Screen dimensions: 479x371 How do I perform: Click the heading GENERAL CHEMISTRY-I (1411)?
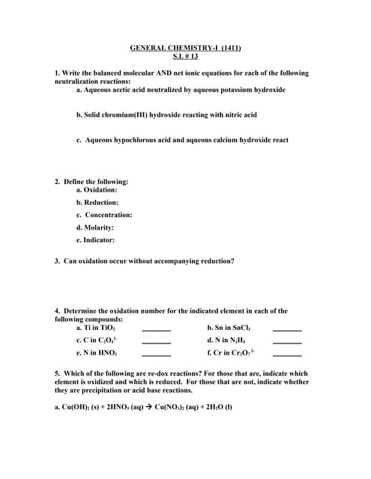point(185,47)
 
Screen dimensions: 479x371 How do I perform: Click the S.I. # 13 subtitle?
point(185,56)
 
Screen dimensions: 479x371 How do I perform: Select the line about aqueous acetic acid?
point(180,90)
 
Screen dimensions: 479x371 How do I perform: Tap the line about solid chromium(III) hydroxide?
point(166,115)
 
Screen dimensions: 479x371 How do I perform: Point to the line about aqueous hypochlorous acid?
point(182,140)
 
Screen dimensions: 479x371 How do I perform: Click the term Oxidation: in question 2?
point(97,190)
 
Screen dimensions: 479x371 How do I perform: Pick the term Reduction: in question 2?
point(97,202)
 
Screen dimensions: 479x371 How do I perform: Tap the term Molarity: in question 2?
point(95,228)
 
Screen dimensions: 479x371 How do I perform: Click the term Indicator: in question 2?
point(95,240)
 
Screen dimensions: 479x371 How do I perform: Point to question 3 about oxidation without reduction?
point(144,261)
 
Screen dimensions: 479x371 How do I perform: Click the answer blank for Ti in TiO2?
point(157,329)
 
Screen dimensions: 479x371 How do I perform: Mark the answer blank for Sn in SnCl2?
point(287,329)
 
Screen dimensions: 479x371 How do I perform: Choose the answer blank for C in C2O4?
point(157,342)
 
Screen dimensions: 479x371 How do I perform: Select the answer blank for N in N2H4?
point(287,342)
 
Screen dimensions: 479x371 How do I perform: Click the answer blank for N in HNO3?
point(157,355)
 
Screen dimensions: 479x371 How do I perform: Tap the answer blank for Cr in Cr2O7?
point(287,355)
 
